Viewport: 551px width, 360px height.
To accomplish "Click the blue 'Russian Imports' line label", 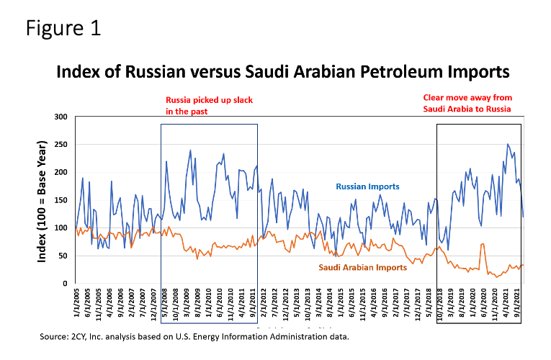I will (367, 186).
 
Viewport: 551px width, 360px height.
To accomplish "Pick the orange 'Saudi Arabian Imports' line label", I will (362, 267).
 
